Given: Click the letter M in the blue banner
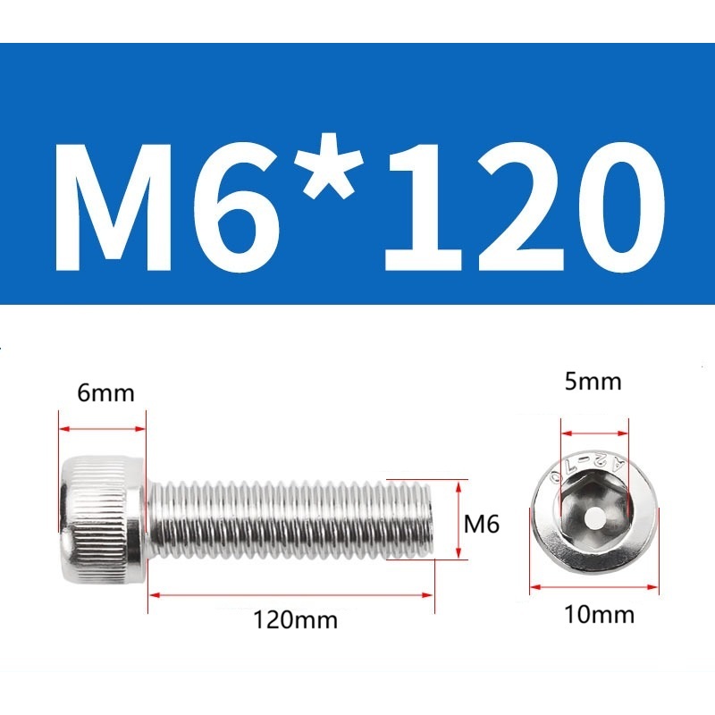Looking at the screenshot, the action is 114,207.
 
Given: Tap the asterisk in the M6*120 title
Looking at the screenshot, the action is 328,166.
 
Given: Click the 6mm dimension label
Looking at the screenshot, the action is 105,393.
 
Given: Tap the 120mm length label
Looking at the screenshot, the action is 295,620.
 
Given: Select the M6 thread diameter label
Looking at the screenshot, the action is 482,524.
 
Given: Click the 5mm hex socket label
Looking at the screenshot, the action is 593,382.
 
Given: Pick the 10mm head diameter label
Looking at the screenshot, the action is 599,615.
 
